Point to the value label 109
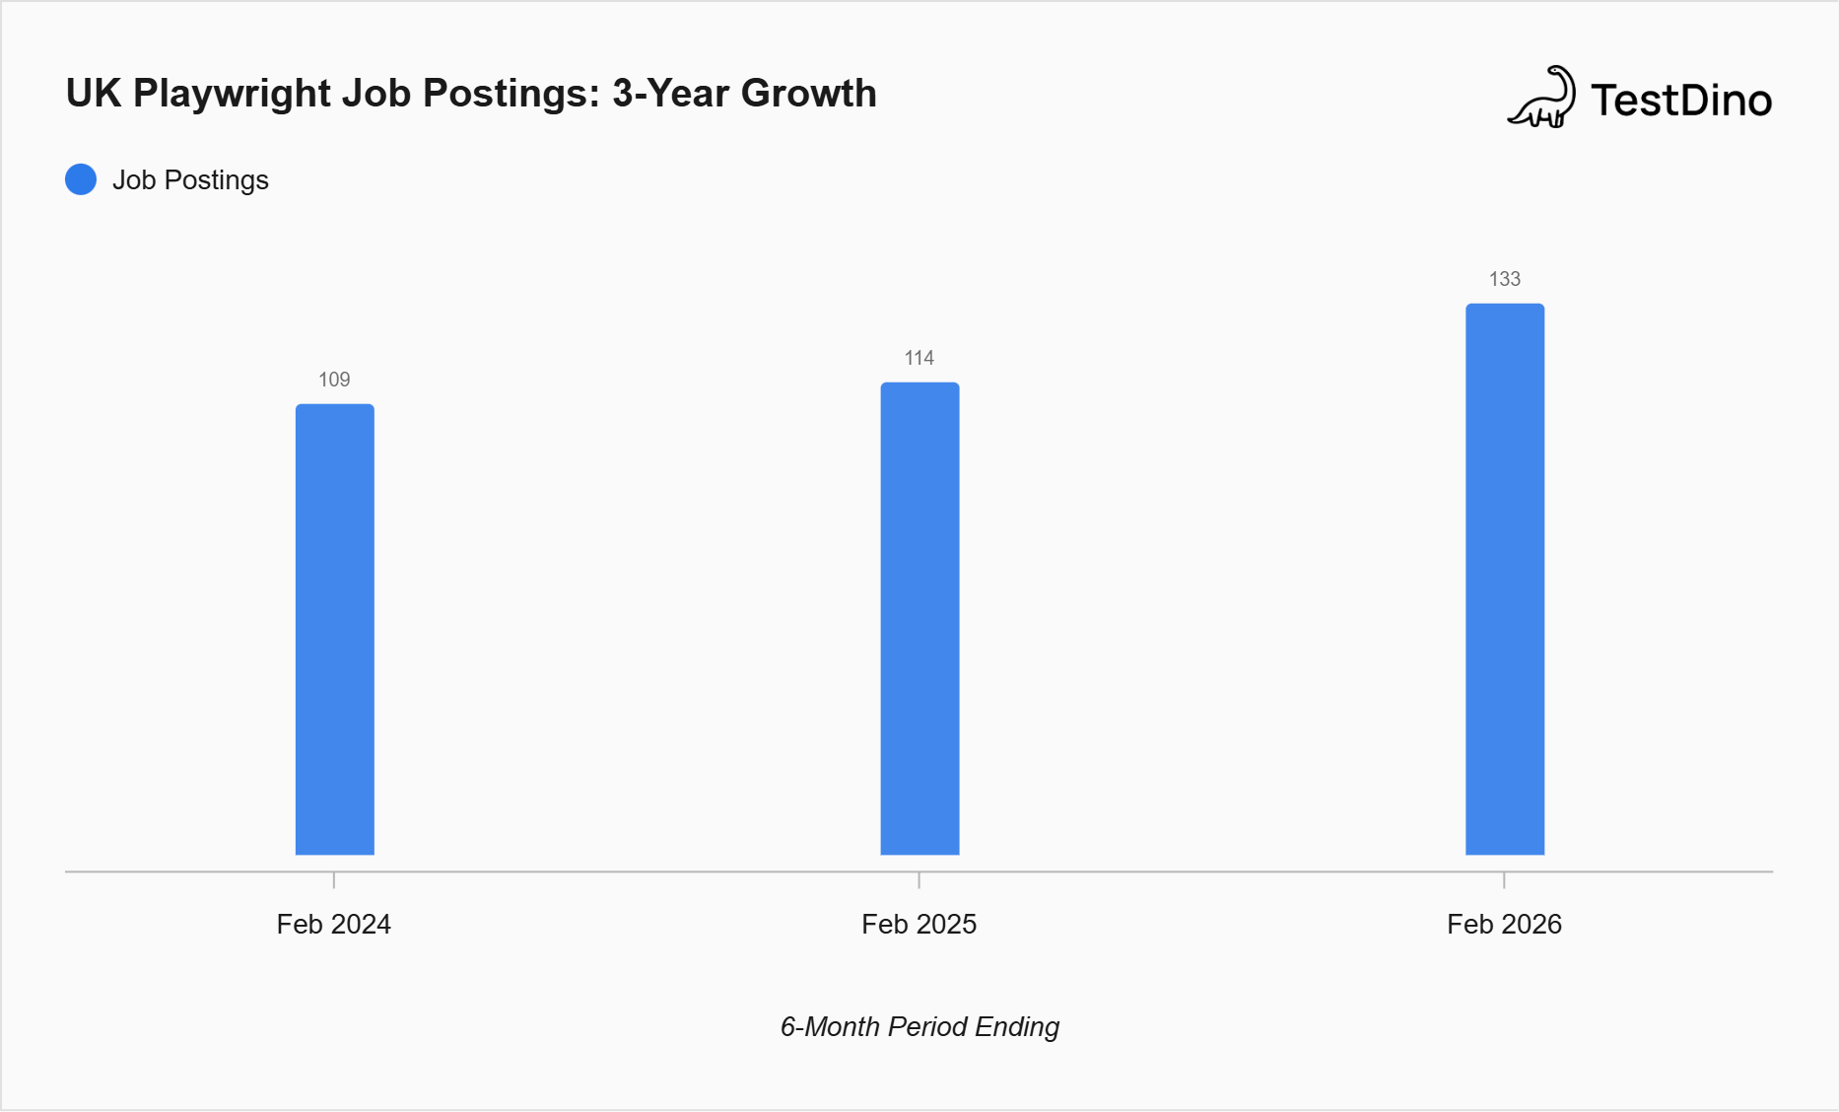tap(334, 380)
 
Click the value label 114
tap(919, 358)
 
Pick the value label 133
tap(1504, 279)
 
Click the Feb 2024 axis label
tap(334, 925)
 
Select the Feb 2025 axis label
tap(919, 925)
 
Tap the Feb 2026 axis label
tap(1504, 925)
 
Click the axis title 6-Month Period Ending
tap(919, 1027)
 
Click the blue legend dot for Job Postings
tap(81, 179)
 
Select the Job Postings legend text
tap(190, 180)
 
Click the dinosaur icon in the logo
tap(1541, 98)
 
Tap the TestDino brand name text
tap(1681, 101)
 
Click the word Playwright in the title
tap(233, 95)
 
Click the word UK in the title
tap(94, 94)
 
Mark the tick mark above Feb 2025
tap(919, 879)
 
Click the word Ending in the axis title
tap(1017, 1027)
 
